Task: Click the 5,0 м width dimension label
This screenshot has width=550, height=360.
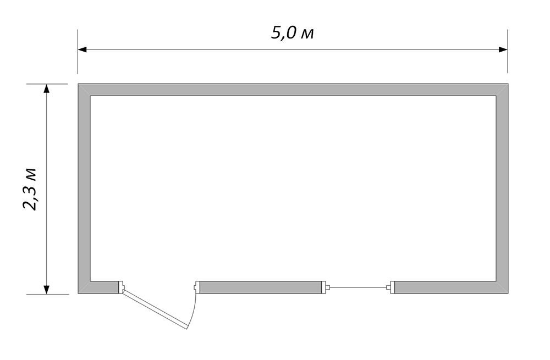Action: pyautogui.click(x=292, y=34)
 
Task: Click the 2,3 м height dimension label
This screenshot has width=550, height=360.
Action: pyautogui.click(x=30, y=189)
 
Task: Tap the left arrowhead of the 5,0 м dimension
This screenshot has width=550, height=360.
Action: pyautogui.click(x=82, y=49)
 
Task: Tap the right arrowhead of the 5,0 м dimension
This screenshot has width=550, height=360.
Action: pyautogui.click(x=503, y=49)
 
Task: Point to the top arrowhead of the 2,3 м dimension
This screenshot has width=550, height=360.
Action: pyautogui.click(x=46, y=88)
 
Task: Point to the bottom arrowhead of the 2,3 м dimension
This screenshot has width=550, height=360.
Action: pyautogui.click(x=46, y=290)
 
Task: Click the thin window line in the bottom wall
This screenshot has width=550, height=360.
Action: pyautogui.click(x=358, y=287)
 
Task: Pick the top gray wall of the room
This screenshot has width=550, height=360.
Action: pyautogui.click(x=293, y=90)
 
